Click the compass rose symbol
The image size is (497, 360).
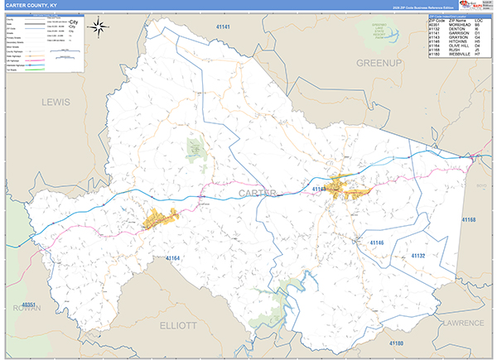click(x=99, y=26)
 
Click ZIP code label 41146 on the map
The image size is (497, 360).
click(x=378, y=242)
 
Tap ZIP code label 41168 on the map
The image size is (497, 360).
click(x=468, y=219)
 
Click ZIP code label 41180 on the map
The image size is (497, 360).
click(x=398, y=342)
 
